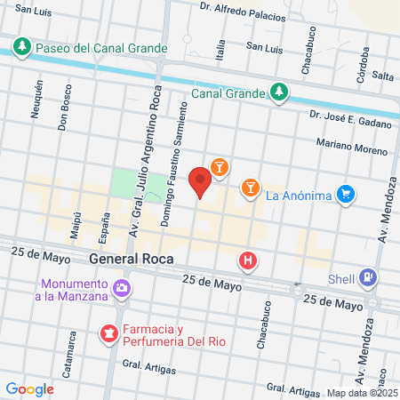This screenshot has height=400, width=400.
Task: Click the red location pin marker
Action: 200,181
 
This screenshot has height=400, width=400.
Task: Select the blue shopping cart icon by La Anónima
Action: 347,193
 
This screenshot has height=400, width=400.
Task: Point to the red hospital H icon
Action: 248,261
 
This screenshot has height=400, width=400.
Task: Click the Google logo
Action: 29,389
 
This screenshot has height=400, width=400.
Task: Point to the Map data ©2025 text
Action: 362,392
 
